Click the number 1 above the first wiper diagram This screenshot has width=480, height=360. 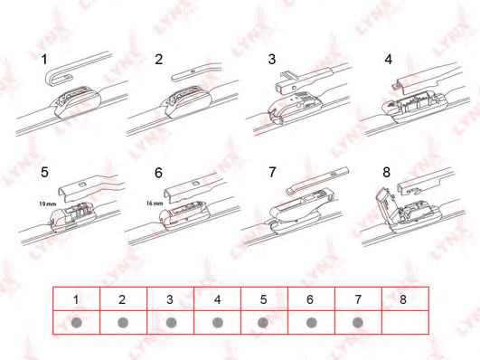pos(44,59)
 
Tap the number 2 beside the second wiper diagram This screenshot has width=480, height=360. pos(159,59)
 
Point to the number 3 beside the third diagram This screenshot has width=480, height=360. pos(272,59)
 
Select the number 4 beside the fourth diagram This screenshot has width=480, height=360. pos(388,59)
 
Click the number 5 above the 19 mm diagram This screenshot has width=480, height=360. pos(44,172)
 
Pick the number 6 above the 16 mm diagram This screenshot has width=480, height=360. pos(158,173)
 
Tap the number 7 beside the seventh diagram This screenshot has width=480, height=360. pos(272,172)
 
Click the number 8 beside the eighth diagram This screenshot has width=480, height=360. pos(386,172)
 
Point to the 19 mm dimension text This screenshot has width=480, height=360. pos(47,204)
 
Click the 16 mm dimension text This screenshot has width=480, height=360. pos(155,204)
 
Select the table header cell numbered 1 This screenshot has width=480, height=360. pos(76,299)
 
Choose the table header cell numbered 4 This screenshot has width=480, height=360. pos(217,299)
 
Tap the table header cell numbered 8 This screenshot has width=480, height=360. pos(405,299)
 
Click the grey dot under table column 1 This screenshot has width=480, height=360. pos(76,323)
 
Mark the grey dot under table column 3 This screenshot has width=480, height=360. pos(171,323)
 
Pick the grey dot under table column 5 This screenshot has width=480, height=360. pos(263,323)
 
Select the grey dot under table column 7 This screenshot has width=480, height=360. pos(358,323)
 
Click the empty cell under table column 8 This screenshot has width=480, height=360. pos(405,322)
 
